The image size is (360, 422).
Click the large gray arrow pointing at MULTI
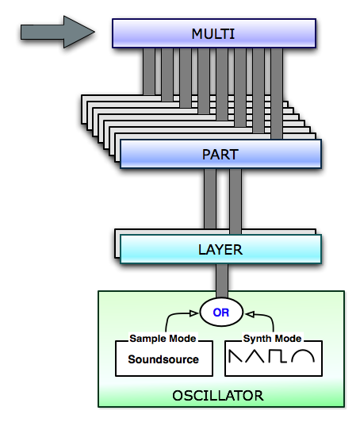tap(58, 32)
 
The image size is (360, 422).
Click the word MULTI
tap(213, 34)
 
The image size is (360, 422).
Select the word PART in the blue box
tap(220, 155)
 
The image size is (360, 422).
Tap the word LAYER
tap(220, 250)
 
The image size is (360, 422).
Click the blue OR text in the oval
tap(221, 313)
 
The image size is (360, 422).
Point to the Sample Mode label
tap(163, 338)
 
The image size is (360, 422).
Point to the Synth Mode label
tap(272, 338)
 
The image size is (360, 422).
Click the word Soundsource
tap(163, 359)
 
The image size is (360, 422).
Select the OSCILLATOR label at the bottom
tap(218, 396)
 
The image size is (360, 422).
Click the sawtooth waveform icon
tap(236, 356)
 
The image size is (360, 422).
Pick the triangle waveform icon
tap(255, 356)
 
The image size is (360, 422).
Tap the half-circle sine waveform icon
tap(304, 356)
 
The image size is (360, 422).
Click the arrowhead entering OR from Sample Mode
tap(194, 313)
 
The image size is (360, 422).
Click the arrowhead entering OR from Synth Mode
tap(250, 314)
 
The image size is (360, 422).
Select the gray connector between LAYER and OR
tap(222, 281)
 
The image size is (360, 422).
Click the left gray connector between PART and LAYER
tap(210, 198)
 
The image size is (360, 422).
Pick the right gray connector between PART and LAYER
tap(236, 201)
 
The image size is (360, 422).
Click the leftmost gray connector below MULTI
tap(149, 71)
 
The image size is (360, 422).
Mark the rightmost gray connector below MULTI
tap(277, 94)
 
